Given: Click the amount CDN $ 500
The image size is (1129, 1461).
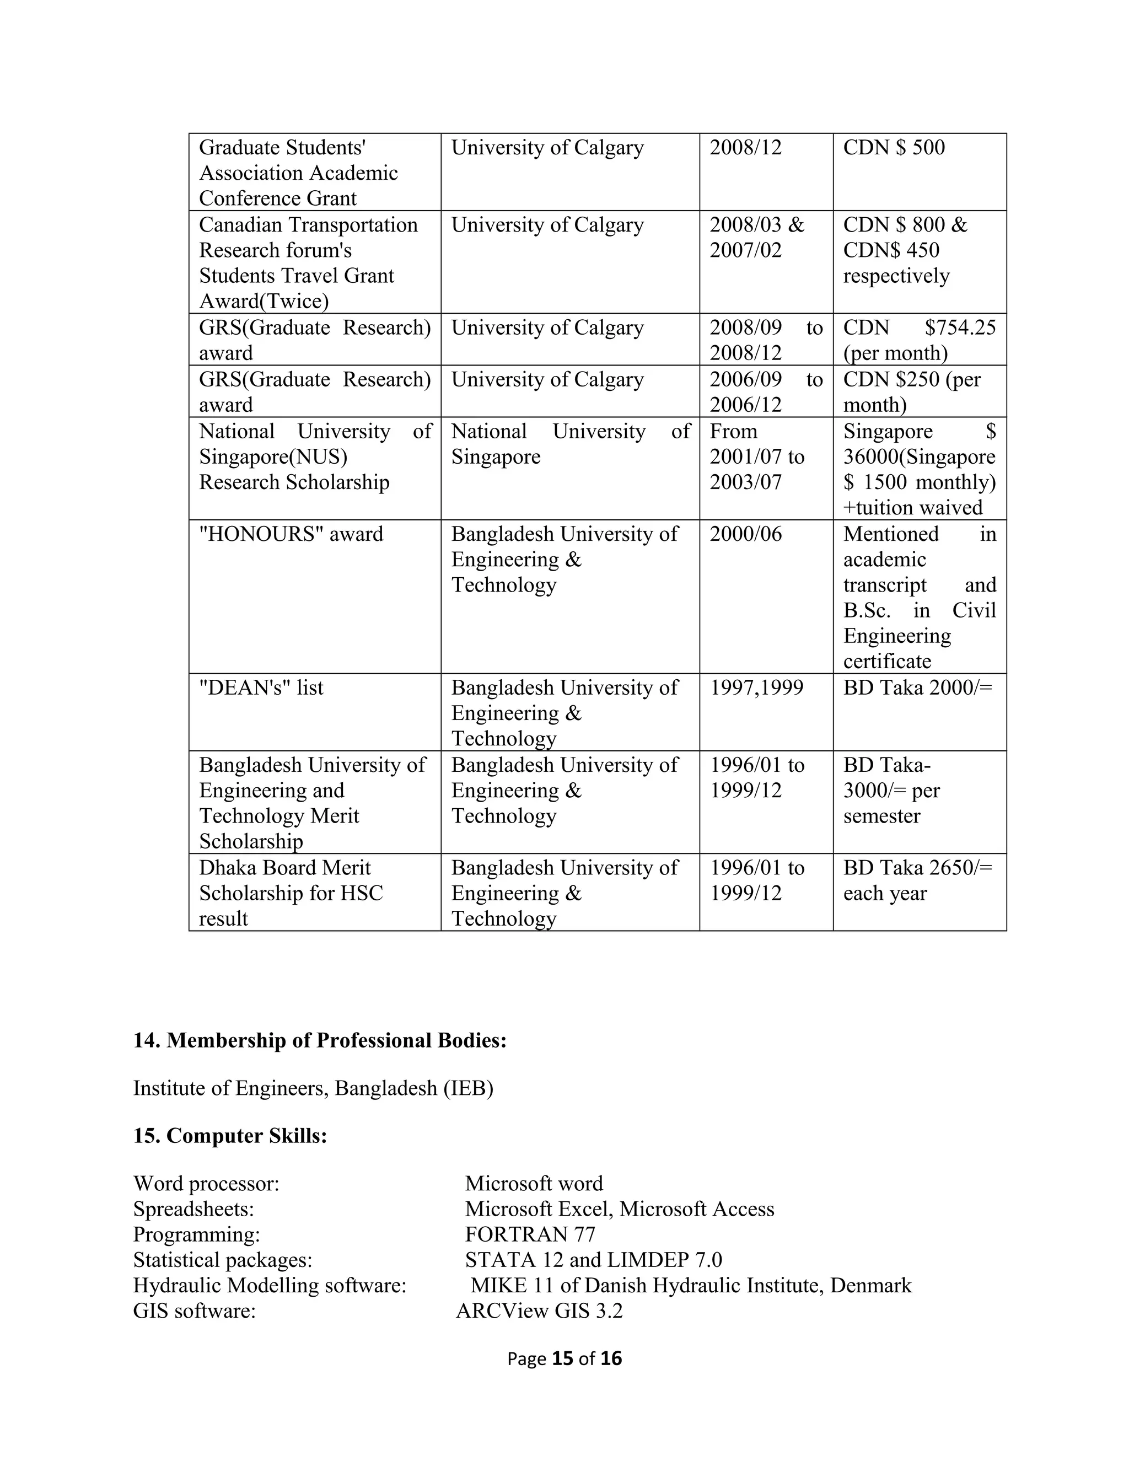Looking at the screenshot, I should pyautogui.click(x=894, y=148).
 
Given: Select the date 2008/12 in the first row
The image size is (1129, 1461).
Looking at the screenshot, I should pyautogui.click(x=745, y=148).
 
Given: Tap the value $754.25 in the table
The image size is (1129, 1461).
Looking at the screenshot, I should pyautogui.click(x=960, y=328).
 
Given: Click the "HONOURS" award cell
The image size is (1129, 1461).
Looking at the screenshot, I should pyautogui.click(x=291, y=534).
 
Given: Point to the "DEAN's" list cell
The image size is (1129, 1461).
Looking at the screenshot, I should pyautogui.click(x=261, y=687).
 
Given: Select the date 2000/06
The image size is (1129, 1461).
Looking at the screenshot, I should pyautogui.click(x=745, y=534).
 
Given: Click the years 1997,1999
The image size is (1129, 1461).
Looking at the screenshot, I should pyautogui.click(x=756, y=687).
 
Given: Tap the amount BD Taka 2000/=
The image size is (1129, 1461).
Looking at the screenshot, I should pyautogui.click(x=918, y=687).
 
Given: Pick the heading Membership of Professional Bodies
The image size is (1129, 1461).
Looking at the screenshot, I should pyautogui.click(x=320, y=1040).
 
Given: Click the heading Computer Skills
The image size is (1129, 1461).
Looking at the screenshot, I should pyautogui.click(x=230, y=1136).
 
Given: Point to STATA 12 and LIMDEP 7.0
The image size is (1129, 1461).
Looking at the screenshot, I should pyautogui.click(x=593, y=1260).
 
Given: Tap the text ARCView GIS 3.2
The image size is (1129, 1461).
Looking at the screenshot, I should pyautogui.click(x=539, y=1310).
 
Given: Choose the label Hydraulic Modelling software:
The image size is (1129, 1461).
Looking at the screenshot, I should pyautogui.click(x=270, y=1285).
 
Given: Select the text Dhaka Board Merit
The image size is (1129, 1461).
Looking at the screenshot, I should pyautogui.click(x=284, y=868).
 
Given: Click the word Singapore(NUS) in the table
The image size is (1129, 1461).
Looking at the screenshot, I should pyautogui.click(x=273, y=457).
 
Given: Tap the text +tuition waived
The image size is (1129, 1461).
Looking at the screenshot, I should pyautogui.click(x=912, y=508).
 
